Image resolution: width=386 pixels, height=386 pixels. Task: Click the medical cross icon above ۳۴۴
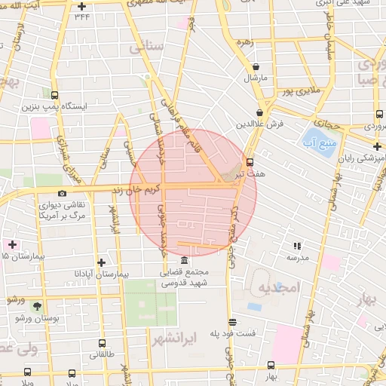[x=81, y=7]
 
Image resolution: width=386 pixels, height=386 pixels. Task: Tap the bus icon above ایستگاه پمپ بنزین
[x=54, y=95]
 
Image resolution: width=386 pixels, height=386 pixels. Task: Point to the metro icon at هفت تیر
[x=250, y=161]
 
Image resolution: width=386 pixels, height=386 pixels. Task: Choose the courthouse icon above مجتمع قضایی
[x=185, y=260]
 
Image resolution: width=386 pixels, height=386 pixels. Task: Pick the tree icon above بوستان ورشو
[x=36, y=306]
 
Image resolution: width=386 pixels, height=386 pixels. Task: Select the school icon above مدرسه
[x=297, y=246]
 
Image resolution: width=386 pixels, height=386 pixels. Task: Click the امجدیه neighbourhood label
[x=278, y=287]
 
